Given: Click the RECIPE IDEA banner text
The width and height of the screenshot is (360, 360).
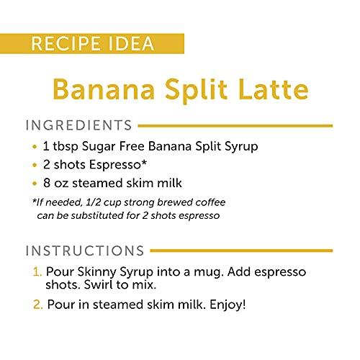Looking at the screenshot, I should click(x=92, y=42).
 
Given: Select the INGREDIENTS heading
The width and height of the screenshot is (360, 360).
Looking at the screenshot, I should click(x=78, y=126).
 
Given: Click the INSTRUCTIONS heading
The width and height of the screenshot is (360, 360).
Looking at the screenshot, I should click(x=84, y=251).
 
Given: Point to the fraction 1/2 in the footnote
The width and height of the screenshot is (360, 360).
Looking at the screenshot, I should click(x=98, y=202).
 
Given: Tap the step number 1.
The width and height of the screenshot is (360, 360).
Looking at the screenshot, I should click(x=37, y=274).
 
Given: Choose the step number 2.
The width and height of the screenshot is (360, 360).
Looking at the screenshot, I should click(x=37, y=305).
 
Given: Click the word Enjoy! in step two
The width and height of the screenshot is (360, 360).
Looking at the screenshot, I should click(x=224, y=305).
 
